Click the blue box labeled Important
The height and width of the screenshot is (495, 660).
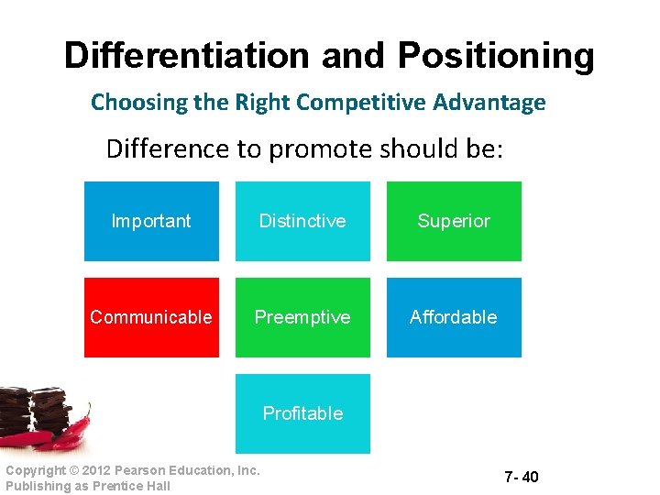coord(151,221)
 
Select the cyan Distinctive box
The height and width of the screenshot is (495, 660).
coord(302,221)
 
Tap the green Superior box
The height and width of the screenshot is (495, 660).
coord(454,221)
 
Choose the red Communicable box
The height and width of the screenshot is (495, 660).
coord(151,317)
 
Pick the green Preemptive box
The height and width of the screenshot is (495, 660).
coord(302,317)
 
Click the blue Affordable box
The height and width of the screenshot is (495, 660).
coord(454,317)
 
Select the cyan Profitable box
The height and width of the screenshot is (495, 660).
coord(302,413)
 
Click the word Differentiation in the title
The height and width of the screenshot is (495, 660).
coord(187,56)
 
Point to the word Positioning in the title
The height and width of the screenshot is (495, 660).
coord(495,56)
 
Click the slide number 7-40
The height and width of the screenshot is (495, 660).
coord(521,477)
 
